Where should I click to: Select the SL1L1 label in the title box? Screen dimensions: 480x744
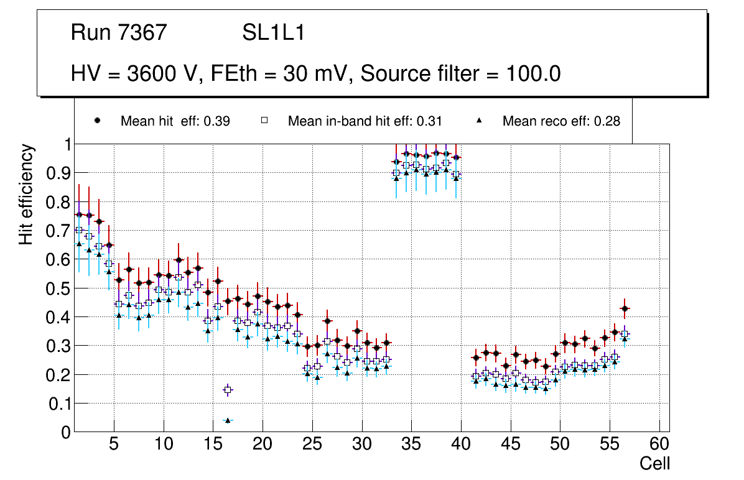273,33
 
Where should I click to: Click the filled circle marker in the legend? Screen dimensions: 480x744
97,121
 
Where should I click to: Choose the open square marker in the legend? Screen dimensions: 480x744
264,121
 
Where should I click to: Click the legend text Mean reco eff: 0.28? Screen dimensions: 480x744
561,121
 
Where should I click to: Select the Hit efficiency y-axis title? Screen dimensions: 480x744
26,194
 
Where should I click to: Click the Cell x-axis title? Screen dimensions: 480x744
655,463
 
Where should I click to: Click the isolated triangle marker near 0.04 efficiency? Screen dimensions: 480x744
228,420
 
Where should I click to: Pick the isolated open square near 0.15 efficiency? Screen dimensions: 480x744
228,390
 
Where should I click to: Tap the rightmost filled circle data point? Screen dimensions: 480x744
625,308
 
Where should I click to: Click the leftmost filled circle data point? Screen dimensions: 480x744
79,215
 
